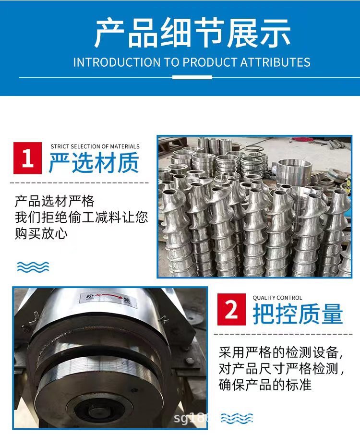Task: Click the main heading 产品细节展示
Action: pos(192,33)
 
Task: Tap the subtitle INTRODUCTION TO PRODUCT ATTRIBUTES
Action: pos(192,62)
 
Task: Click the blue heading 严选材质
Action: pos(94,162)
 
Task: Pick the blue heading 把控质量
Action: pos(298,314)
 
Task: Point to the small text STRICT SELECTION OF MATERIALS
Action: pos(95,146)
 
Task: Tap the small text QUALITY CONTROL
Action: pos(277,298)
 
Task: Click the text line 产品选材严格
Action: pos(55,201)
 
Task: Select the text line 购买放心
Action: pos(41,234)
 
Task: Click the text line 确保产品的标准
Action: pos(265,385)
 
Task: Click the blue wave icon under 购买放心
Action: pos(33,267)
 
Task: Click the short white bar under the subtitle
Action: pos(192,77)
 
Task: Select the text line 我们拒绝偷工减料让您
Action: pos(82,217)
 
